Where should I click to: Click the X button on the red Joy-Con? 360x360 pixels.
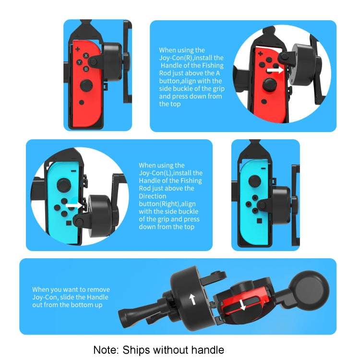(86, 56)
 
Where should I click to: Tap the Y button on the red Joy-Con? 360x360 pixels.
(79, 62)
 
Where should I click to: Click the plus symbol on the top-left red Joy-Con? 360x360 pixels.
(78, 49)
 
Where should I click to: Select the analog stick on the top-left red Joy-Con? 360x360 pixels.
(86, 85)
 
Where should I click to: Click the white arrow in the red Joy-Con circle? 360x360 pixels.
(275, 70)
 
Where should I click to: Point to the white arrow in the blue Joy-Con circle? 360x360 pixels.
(74, 205)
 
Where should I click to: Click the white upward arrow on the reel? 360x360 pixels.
(192, 300)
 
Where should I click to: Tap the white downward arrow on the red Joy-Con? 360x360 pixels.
(242, 305)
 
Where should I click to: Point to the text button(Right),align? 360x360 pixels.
(167, 204)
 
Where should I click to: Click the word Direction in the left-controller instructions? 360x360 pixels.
(153, 196)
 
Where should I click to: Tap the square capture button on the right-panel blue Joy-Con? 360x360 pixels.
(259, 221)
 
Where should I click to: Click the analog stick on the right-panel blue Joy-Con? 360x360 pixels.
(254, 181)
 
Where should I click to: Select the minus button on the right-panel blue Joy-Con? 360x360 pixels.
(263, 168)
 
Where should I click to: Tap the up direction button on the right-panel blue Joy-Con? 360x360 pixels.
(255, 198)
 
